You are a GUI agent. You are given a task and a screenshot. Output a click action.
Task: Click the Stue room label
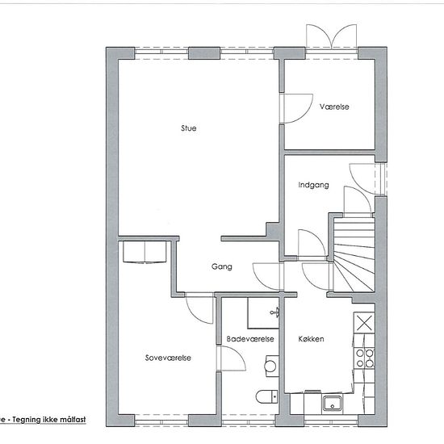pos(189,128)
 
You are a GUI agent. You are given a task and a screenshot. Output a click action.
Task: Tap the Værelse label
pos(334,107)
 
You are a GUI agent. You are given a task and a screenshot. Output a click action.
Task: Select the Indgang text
pos(313,185)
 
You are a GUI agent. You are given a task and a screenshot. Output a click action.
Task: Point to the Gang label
pos(222,266)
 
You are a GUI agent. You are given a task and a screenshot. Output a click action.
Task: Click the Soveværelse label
pos(168,358)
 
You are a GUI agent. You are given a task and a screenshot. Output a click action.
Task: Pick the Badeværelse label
pos(250,339)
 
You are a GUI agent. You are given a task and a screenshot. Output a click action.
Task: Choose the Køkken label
pos(311,339)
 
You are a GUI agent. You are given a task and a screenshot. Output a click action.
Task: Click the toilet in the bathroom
pos(266,396)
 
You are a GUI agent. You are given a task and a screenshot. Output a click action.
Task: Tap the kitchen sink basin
pos(333,403)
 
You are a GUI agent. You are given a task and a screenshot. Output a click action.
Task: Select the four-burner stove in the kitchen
pos(365,358)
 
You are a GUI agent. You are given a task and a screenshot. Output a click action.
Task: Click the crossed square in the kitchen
pos(364,323)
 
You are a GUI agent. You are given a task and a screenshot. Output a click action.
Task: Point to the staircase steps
pos(354,254)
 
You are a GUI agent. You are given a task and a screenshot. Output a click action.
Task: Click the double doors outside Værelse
pos(331,37)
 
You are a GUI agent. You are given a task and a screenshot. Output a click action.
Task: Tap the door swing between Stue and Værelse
pos(296,108)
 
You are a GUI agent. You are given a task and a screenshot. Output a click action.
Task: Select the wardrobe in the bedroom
pos(145,252)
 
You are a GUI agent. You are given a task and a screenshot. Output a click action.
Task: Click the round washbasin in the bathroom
pos(270,366)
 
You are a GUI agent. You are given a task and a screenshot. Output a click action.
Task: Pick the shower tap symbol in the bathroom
pos(275,312)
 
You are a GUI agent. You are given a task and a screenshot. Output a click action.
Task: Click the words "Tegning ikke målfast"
pos(49,419)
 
